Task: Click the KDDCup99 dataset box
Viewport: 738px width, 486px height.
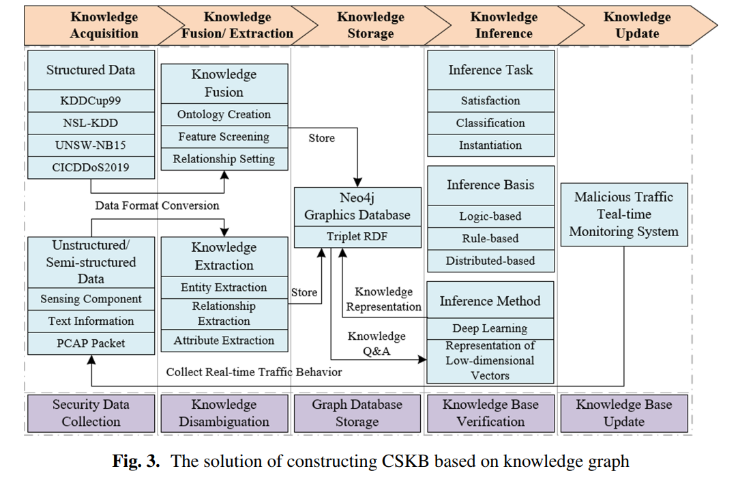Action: [x=91, y=101]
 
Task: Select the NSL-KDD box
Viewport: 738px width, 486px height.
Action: [x=91, y=124]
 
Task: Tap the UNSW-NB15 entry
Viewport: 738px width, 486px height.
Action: [x=91, y=145]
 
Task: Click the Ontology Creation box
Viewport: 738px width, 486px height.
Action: [x=224, y=115]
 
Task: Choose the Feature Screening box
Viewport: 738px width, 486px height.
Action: [x=224, y=137]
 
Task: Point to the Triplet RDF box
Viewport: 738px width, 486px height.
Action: [x=357, y=238]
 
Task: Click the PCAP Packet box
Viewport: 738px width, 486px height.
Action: [x=91, y=343]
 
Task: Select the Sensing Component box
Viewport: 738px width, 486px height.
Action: [x=91, y=299]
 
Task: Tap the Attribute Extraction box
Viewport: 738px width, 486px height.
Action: [x=224, y=341]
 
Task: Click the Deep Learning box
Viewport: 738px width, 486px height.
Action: [x=490, y=328]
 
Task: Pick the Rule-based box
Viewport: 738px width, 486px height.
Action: [x=490, y=239]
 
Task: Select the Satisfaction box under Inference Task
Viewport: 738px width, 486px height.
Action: [x=490, y=101]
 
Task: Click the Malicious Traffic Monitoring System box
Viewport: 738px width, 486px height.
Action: [x=623, y=214]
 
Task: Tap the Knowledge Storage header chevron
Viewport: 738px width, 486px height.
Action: [x=370, y=25]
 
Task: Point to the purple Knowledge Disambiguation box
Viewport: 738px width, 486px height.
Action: [x=224, y=413]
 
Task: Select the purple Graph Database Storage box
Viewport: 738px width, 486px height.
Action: [x=357, y=413]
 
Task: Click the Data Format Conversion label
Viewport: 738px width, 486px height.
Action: [x=157, y=205]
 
